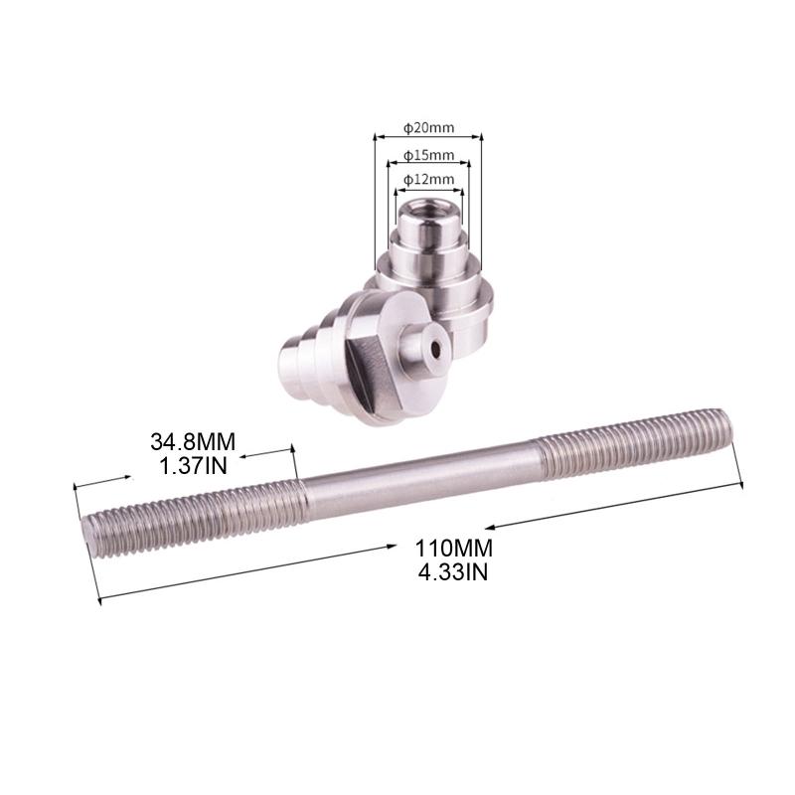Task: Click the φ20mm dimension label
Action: click(x=429, y=128)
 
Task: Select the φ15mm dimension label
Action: click(x=429, y=155)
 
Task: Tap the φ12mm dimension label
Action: click(x=429, y=179)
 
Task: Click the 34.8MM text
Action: click(x=194, y=440)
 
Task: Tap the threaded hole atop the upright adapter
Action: click(x=428, y=211)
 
